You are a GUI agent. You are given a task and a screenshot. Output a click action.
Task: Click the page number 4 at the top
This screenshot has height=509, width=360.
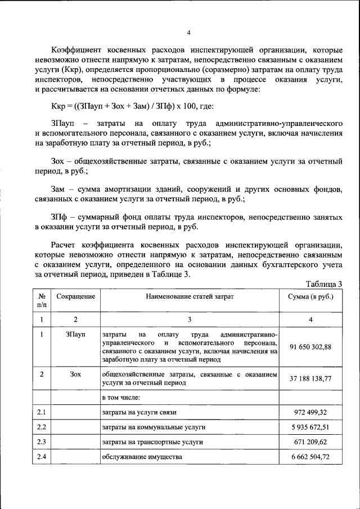pos(189,32)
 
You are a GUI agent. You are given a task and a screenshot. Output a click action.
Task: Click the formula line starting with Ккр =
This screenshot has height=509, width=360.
pos(129,106)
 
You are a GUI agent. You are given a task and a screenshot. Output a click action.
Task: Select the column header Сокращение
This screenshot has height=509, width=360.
pos(76,296)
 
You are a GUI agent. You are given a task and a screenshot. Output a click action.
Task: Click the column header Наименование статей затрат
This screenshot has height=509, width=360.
pos(190,296)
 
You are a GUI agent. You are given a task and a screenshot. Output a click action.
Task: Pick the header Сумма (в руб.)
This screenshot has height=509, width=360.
pos(310,296)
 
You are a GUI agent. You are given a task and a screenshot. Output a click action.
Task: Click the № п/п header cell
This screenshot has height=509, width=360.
pos(42,300)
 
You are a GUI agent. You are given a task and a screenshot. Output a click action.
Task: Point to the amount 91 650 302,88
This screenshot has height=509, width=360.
pos(310,346)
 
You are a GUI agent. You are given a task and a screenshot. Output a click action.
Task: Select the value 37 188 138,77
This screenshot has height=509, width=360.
pos(310,379)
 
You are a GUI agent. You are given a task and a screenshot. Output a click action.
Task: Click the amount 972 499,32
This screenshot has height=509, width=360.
pos(310,412)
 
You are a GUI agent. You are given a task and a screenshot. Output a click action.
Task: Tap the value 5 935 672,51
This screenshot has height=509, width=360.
pos(310,427)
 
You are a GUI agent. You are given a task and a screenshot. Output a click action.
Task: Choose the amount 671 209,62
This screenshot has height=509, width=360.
pos(310,442)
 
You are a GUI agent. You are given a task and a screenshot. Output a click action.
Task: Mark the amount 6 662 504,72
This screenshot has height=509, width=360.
pos(310,457)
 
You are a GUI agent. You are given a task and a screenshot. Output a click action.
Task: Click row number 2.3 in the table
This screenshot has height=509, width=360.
pos(42,442)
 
